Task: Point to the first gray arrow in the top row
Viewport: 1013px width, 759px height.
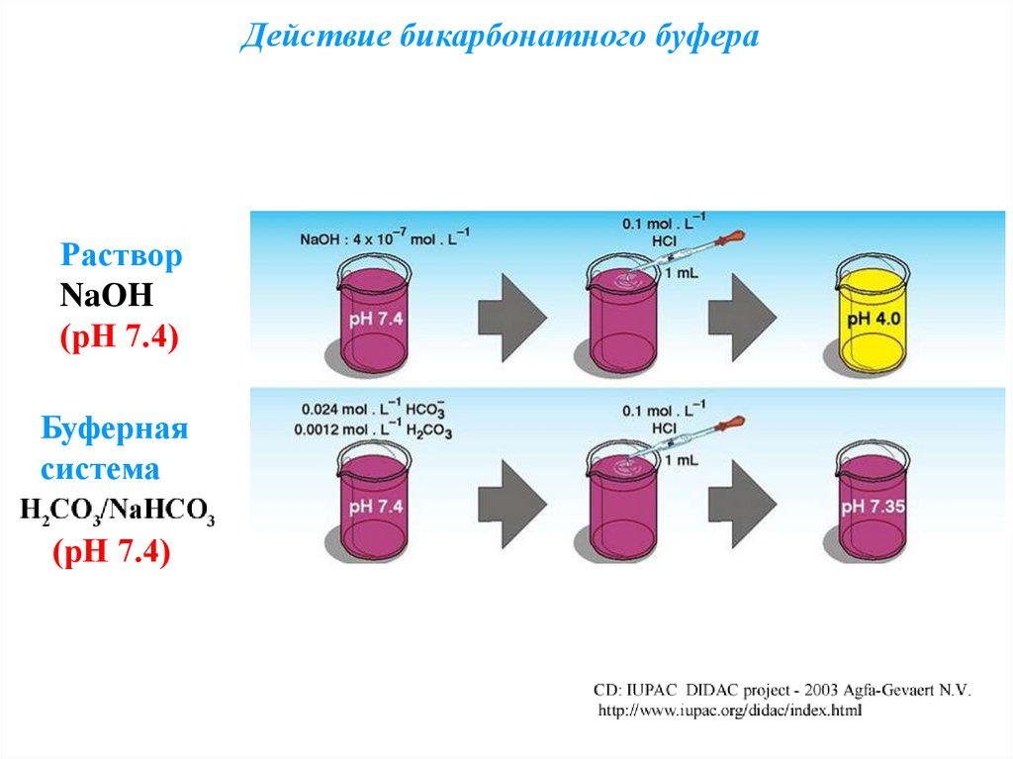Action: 511,317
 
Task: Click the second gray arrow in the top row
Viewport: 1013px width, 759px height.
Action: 741,317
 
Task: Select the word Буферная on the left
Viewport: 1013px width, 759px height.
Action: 114,429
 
